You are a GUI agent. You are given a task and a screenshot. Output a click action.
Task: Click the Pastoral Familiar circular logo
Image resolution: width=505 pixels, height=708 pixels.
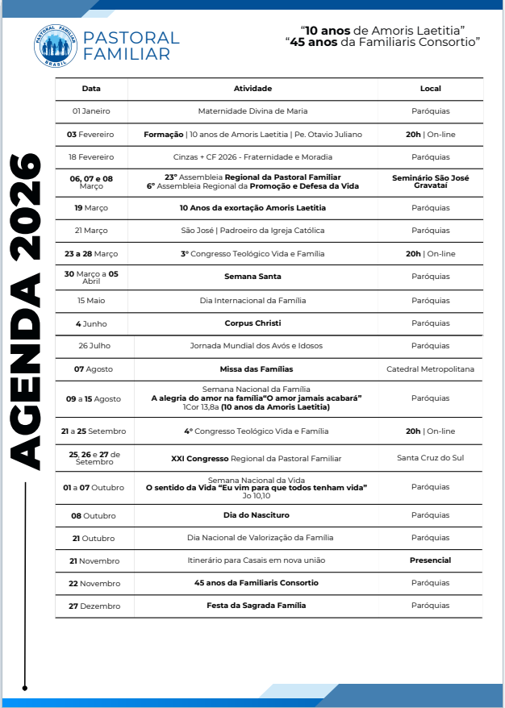[x=56, y=46]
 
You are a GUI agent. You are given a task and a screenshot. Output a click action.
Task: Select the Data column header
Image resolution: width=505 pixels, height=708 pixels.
[x=91, y=89]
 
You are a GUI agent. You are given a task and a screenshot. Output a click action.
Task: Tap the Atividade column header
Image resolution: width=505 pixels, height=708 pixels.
[x=252, y=89]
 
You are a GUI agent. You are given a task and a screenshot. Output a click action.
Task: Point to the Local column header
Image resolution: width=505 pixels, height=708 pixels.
[x=430, y=89]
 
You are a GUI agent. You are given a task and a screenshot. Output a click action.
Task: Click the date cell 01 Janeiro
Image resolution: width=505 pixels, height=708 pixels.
[x=91, y=111]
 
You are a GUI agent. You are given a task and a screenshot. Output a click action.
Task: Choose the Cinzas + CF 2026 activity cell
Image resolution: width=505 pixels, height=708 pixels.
[x=252, y=157]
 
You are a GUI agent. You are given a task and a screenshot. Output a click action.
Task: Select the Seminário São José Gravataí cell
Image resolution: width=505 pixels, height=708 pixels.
[x=430, y=181]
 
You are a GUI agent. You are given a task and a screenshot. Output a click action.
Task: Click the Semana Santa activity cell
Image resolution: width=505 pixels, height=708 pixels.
[x=252, y=277]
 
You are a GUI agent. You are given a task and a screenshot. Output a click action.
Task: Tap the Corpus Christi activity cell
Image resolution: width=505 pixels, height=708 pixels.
[x=252, y=323]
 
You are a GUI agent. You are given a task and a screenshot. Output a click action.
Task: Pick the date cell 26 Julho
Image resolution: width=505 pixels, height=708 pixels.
[x=94, y=346]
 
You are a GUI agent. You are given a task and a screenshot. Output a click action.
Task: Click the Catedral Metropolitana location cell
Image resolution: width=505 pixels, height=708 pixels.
[x=430, y=369]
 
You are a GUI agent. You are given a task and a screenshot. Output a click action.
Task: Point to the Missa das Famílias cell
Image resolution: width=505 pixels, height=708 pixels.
[x=252, y=369]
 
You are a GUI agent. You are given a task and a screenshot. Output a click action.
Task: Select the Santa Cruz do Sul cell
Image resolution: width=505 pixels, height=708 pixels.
[x=430, y=458]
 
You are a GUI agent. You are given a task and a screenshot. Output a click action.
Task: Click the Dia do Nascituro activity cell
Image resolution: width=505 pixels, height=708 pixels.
[x=256, y=514]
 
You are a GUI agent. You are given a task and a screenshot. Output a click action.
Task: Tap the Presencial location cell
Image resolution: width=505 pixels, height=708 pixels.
[x=430, y=560]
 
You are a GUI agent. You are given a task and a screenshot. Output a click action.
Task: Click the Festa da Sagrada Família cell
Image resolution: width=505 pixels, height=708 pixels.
[x=256, y=605]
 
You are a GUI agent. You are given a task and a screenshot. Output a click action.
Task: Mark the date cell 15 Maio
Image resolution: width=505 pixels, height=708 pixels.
[x=91, y=301]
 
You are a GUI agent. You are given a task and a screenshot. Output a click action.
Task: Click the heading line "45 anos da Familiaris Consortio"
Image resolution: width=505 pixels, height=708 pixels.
[x=382, y=40]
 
